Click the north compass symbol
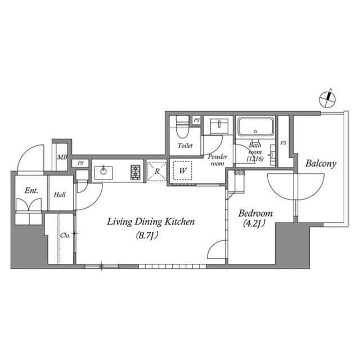coord(327,99)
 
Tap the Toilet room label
coord(185,146)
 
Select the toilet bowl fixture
coord(182,127)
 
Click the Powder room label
coord(217,160)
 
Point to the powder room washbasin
coord(217,126)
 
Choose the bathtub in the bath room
coord(256,127)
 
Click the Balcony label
coord(321,164)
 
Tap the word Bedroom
coord(255,213)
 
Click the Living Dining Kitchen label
coord(151,222)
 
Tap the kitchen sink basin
coord(104,173)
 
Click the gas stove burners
coord(136,172)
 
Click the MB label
coord(61,159)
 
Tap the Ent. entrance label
coord(31,191)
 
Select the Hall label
coord(60,195)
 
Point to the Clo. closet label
coord(65,235)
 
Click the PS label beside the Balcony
coord(283,143)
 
